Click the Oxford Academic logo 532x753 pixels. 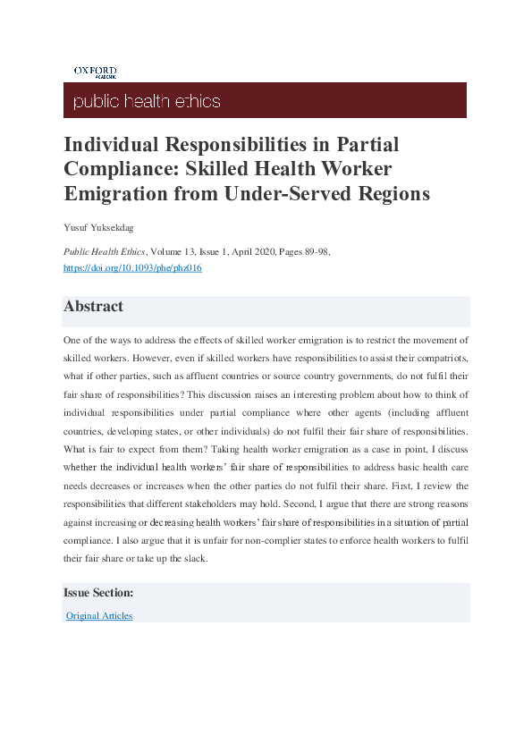(95, 72)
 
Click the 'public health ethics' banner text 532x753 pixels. (147, 101)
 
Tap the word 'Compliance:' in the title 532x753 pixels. (113, 169)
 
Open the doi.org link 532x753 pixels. (132, 268)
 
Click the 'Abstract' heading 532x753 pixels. (93, 307)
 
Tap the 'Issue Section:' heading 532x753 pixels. (98, 593)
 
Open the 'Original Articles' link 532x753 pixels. (99, 616)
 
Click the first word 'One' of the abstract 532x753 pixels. (72, 341)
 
